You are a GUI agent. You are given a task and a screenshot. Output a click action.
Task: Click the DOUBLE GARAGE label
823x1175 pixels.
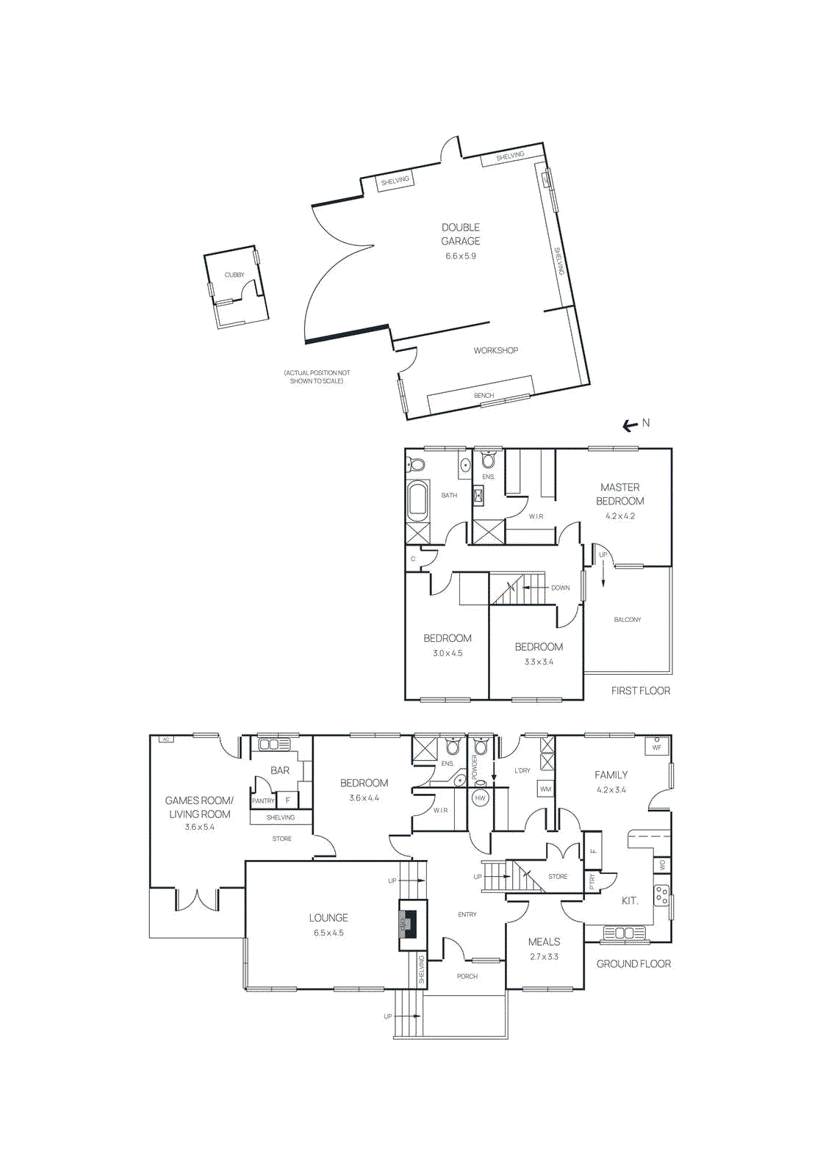point(461,234)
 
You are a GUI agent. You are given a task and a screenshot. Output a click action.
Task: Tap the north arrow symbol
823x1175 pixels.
point(630,425)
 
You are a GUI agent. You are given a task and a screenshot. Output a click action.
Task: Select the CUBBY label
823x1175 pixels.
point(234,275)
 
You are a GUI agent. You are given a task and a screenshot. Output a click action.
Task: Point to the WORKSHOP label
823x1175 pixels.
point(495,350)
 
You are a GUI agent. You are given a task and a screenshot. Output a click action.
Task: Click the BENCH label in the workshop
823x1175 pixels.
point(484,396)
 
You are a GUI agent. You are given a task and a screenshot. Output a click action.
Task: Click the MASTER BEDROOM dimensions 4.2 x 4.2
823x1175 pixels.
point(620,516)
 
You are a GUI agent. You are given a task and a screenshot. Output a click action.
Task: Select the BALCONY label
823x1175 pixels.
point(627,620)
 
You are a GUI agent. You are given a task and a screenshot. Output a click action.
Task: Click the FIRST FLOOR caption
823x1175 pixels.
point(640,690)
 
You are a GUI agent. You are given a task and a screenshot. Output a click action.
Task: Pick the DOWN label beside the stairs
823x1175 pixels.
point(560,587)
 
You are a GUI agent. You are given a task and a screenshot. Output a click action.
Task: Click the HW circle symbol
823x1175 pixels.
point(481,798)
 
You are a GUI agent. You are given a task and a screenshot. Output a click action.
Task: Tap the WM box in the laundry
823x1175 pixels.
point(545,789)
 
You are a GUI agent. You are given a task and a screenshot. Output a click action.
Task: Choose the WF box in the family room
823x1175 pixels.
point(656,747)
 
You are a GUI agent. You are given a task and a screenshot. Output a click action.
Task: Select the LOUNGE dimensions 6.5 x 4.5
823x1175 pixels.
point(328,933)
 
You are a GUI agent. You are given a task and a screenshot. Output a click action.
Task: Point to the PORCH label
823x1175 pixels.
point(467,976)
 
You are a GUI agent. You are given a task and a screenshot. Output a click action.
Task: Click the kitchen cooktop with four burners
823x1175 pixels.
point(661,895)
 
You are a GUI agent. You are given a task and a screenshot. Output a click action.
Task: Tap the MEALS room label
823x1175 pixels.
point(544,941)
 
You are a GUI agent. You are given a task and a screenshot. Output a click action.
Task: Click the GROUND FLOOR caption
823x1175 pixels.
point(633,963)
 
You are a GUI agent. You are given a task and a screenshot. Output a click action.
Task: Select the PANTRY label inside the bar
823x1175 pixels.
point(262,800)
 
